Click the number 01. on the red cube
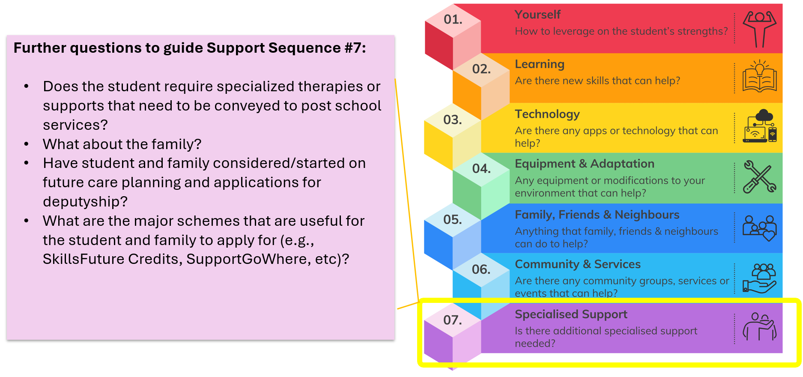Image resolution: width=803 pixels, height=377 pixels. pyautogui.click(x=453, y=20)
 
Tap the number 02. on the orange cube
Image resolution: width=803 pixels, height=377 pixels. pyautogui.click(x=481, y=69)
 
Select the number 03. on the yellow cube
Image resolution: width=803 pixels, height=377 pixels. pyautogui.click(x=452, y=120)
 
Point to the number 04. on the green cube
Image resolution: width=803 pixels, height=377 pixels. pyautogui.click(x=481, y=169)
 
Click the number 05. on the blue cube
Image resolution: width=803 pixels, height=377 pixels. pyautogui.click(x=452, y=220)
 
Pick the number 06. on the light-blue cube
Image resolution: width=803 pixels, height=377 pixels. pyautogui.click(x=481, y=269)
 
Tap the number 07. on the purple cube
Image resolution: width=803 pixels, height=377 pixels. pyautogui.click(x=452, y=320)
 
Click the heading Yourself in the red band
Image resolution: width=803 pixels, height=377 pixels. pyautogui.click(x=537, y=15)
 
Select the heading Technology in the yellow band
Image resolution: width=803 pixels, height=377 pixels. pyautogui.click(x=547, y=114)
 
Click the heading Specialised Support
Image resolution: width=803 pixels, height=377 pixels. pyautogui.click(x=570, y=314)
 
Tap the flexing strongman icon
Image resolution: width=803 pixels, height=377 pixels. pyautogui.click(x=759, y=29)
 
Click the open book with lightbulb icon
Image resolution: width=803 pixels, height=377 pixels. pyautogui.click(x=759, y=77)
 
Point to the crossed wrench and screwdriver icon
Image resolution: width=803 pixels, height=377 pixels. pyautogui.click(x=759, y=177)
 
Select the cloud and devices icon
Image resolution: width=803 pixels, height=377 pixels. pyautogui.click(x=760, y=126)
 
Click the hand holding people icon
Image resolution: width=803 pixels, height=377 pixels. pyautogui.click(x=759, y=278)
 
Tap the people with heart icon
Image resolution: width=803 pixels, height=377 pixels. pyautogui.click(x=759, y=228)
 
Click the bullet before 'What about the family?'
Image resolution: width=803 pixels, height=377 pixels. pyautogui.click(x=27, y=144)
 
